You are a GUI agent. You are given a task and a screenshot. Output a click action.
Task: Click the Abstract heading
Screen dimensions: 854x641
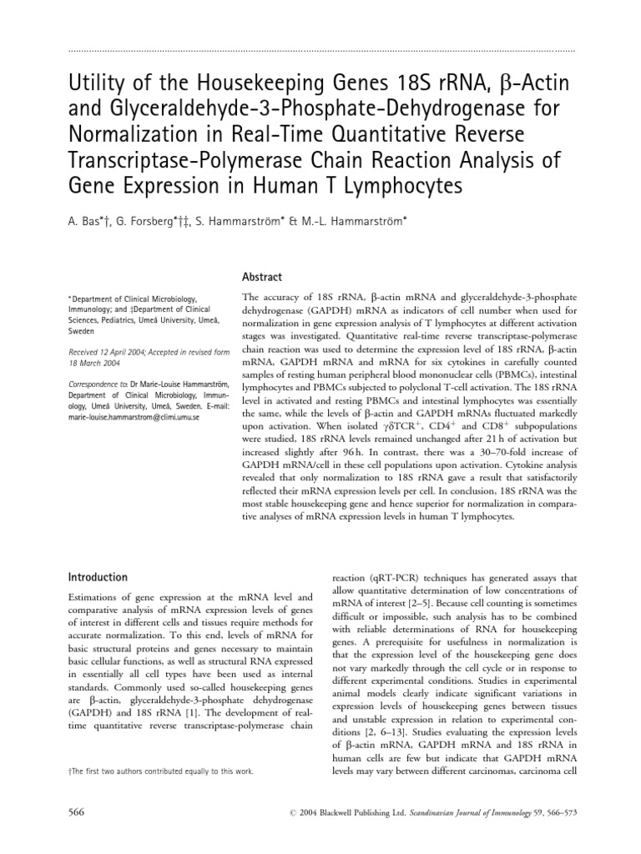point(261,277)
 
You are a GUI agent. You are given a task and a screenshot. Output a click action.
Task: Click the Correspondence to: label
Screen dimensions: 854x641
point(95,384)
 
